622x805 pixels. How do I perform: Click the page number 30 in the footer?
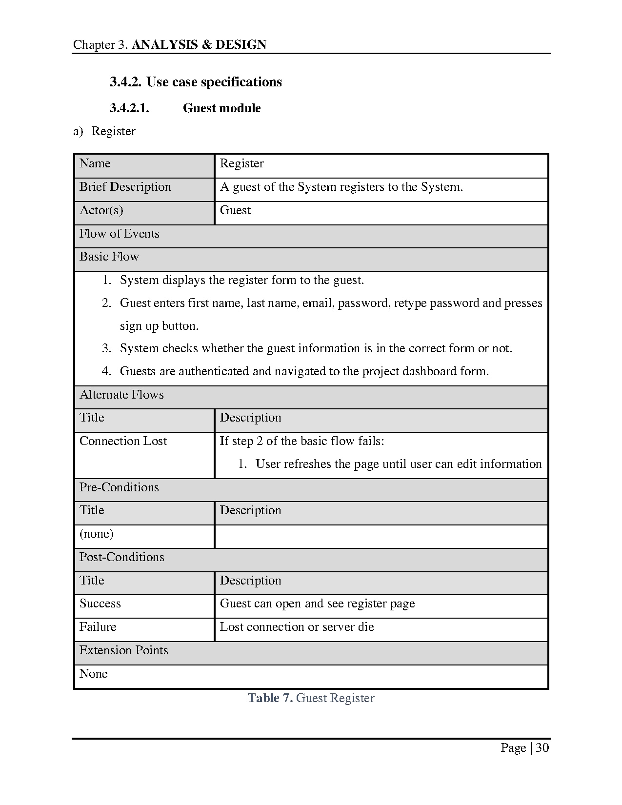point(542,748)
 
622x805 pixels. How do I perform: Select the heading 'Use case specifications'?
point(214,82)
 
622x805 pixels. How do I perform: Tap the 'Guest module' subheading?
point(221,108)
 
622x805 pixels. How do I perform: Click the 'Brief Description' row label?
point(125,187)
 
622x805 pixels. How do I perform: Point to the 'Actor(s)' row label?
point(101,210)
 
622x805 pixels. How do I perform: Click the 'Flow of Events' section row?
point(119,234)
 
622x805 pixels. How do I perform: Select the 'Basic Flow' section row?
point(109,257)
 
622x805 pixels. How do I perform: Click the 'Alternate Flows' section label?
point(121,395)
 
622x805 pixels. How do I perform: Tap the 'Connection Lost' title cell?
point(123,441)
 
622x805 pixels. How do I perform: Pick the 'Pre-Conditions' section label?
point(119,487)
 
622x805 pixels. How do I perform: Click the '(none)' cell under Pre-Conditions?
point(96,534)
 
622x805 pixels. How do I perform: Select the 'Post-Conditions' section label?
point(121,557)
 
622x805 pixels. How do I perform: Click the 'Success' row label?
point(100,604)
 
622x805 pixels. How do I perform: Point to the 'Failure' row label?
point(98,627)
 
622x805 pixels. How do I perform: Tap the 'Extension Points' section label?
point(123,650)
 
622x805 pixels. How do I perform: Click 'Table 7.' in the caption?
point(270,698)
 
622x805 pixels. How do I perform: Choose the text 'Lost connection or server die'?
point(297,627)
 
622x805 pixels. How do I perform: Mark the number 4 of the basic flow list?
point(106,371)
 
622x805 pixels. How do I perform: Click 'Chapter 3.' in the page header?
point(100,45)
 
